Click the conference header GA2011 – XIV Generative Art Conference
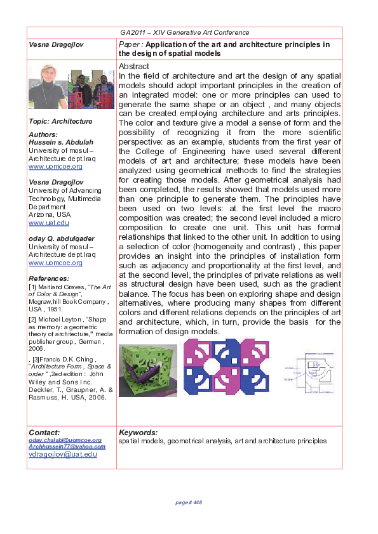tap(184, 32)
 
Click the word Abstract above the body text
tap(134, 67)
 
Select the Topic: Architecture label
tap(60, 121)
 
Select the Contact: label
tap(44, 433)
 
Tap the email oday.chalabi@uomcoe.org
tap(65, 440)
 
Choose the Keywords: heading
tap(138, 433)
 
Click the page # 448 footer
tap(188, 502)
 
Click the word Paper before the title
tap(130, 44)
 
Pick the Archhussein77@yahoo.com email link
tap(67, 446)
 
